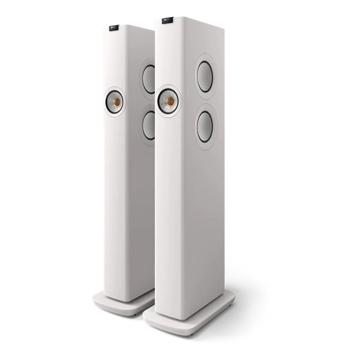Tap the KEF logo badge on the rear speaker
pos(113,27)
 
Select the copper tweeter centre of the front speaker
pos(170,101)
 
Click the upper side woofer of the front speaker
pos(205,77)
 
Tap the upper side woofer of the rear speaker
pos(149,79)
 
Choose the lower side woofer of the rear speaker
pos(148,125)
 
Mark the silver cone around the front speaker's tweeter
pos(163,101)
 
